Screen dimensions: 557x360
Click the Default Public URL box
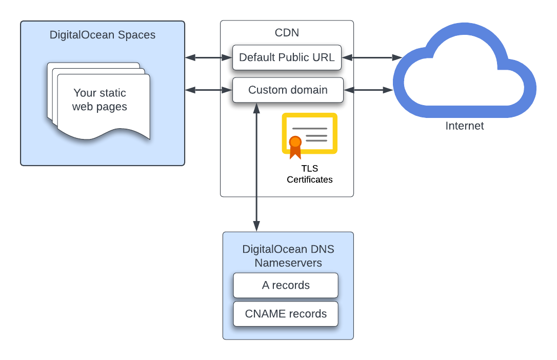[287, 57]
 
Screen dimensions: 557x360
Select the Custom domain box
[288, 90]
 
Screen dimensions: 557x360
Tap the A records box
[286, 286]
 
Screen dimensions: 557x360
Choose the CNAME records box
[286, 314]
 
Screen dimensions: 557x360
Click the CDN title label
[287, 33]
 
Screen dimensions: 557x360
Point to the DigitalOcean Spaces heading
[103, 35]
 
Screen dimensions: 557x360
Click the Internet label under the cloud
[465, 126]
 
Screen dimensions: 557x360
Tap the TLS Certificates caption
[310, 174]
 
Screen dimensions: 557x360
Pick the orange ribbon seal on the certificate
[295, 147]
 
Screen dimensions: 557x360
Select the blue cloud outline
[465, 70]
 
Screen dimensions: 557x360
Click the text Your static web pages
[100, 100]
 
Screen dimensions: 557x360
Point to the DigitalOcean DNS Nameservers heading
[288, 256]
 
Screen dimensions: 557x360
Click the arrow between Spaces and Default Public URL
[209, 57]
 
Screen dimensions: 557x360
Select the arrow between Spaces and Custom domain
[209, 90]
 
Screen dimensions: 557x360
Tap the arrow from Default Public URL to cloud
[372, 57]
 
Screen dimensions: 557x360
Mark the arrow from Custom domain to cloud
[368, 90]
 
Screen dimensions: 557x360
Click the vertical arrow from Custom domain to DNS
[256, 167]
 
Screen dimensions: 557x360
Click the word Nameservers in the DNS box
[288, 263]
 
